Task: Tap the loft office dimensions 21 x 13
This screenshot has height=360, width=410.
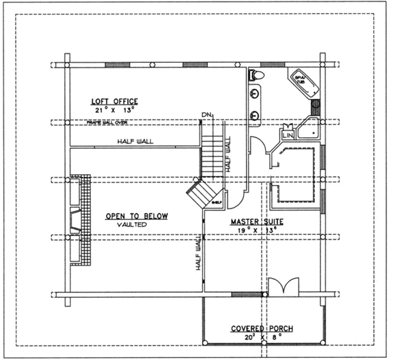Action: (x=114, y=109)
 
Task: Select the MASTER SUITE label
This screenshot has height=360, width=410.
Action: (x=256, y=222)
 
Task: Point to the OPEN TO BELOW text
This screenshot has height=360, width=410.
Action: (x=137, y=217)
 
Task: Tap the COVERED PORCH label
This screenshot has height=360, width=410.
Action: (x=261, y=329)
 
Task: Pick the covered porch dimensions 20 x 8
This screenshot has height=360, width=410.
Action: (x=261, y=337)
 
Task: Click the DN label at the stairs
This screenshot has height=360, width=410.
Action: (x=207, y=114)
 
